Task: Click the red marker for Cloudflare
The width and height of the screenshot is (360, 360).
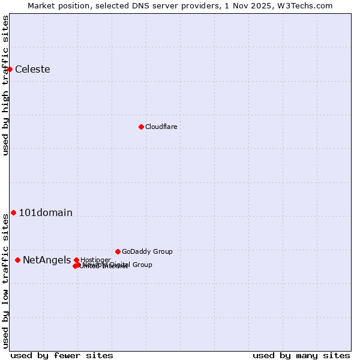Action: [x=141, y=127]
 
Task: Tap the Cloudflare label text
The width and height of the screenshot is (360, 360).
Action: [x=161, y=127]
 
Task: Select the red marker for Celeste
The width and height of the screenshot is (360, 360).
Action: [x=10, y=69]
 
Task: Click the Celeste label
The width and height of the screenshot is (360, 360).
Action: [x=32, y=69]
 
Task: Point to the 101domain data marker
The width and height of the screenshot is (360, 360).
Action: [x=13, y=212]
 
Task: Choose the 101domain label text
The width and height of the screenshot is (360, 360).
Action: [x=46, y=212]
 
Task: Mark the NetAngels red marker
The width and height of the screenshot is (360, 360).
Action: [x=17, y=260]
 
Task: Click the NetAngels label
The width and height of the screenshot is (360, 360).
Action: [x=46, y=260]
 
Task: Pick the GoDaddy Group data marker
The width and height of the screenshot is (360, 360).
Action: [x=118, y=251]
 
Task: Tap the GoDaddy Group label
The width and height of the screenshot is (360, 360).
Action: [x=147, y=251]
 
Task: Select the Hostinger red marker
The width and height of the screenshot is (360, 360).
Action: [x=76, y=260]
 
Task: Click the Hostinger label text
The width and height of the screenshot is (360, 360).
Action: [x=95, y=259]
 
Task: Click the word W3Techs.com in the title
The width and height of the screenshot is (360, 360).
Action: [x=305, y=5]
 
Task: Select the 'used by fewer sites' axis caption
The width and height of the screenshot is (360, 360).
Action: [x=62, y=355]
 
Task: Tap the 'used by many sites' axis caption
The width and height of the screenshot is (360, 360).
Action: [x=301, y=355]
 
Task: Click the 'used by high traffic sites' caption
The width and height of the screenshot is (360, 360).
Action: [x=5, y=85]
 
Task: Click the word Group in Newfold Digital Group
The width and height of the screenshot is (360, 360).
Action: [x=142, y=265]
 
